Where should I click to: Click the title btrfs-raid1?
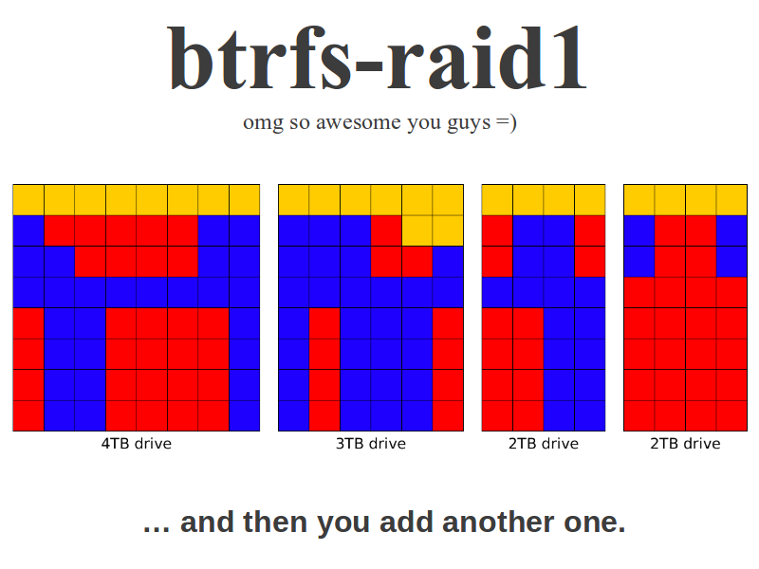click(x=378, y=59)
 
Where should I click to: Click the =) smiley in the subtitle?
click(x=507, y=123)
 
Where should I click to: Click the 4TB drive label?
click(x=137, y=444)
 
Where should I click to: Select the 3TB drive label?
click(x=371, y=444)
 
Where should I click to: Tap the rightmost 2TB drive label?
click(x=685, y=444)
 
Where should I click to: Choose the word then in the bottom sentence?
click(x=275, y=523)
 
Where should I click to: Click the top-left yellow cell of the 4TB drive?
click(x=28, y=200)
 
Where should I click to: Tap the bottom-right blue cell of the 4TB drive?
click(x=245, y=415)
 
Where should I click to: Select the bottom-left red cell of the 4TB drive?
click(x=28, y=415)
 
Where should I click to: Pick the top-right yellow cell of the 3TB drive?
click(x=448, y=200)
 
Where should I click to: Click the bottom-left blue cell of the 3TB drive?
click(x=294, y=415)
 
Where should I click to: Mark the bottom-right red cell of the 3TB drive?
click(x=448, y=415)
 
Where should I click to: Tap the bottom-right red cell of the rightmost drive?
click(x=731, y=415)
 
